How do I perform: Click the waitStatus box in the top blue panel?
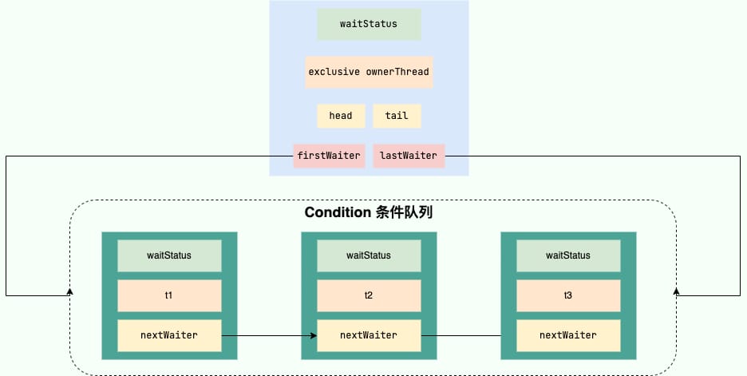369,24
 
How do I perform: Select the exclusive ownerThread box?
369,72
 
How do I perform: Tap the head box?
341,116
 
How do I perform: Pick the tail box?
397,116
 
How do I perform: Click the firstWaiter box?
329,156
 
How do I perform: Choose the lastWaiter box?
409,156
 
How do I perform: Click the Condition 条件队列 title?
369,212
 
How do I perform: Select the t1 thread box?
169,295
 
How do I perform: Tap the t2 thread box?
369,295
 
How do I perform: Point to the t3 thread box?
568,295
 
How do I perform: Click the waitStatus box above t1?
169,255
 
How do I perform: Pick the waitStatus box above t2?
369,255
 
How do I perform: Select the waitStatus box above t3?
568,255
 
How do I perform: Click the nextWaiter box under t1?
169,335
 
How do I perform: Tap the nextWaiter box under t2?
369,335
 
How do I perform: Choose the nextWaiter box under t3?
568,335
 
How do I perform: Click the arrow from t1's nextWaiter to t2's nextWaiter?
269,335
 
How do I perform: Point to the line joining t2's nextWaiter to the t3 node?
461,335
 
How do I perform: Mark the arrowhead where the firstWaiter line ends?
70,291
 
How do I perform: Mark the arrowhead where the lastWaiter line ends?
676,291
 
